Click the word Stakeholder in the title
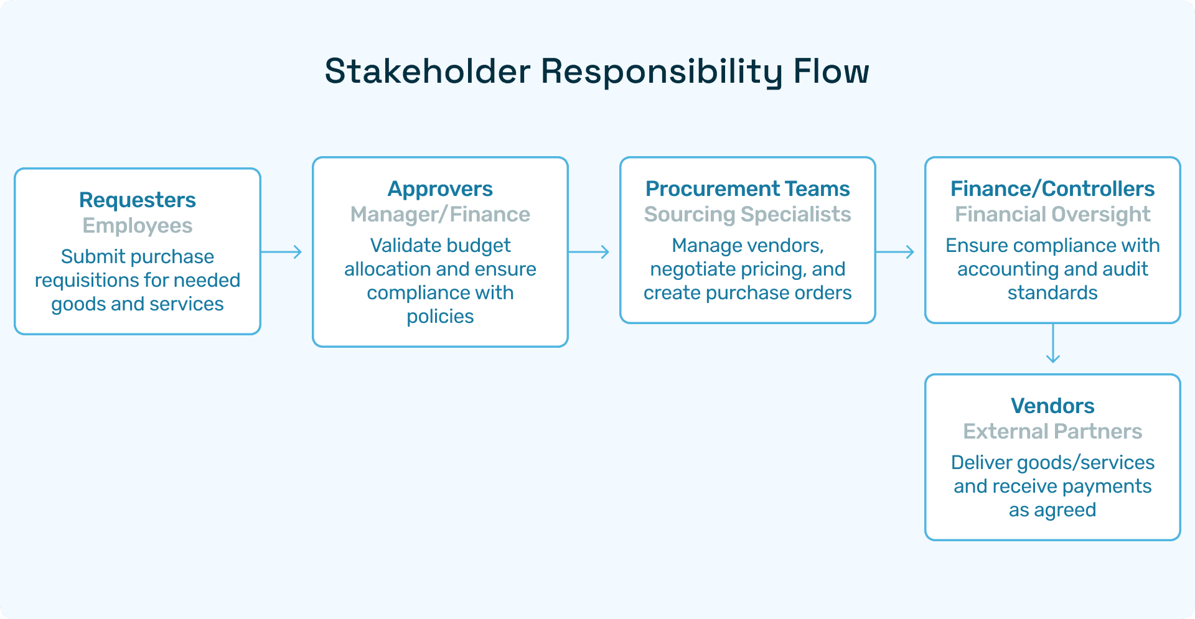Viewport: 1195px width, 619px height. click(x=427, y=71)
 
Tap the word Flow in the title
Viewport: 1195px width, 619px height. click(x=831, y=71)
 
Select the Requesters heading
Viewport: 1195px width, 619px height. click(x=138, y=200)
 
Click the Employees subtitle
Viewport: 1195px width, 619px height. click(x=138, y=225)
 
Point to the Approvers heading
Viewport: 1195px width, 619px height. click(x=440, y=188)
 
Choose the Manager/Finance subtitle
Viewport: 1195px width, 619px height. click(x=440, y=214)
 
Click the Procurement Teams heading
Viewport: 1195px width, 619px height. click(x=747, y=188)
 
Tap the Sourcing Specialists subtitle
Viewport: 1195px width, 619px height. click(x=747, y=214)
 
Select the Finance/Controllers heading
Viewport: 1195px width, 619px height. click(x=1052, y=188)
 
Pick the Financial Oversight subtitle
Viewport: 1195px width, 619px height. click(x=1052, y=214)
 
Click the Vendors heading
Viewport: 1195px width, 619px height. click(x=1052, y=406)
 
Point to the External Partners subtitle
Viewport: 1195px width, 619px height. click(x=1052, y=431)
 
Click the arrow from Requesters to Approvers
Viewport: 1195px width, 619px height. click(x=281, y=252)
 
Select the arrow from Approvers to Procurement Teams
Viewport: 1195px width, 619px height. click(x=589, y=252)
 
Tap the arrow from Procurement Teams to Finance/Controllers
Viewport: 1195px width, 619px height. click(x=895, y=252)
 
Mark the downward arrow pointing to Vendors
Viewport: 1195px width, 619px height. click(x=1052, y=343)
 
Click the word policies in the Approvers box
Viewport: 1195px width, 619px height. click(x=440, y=317)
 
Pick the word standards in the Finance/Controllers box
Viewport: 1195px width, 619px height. click(x=1052, y=293)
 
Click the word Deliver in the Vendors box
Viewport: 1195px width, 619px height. click(x=980, y=462)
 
